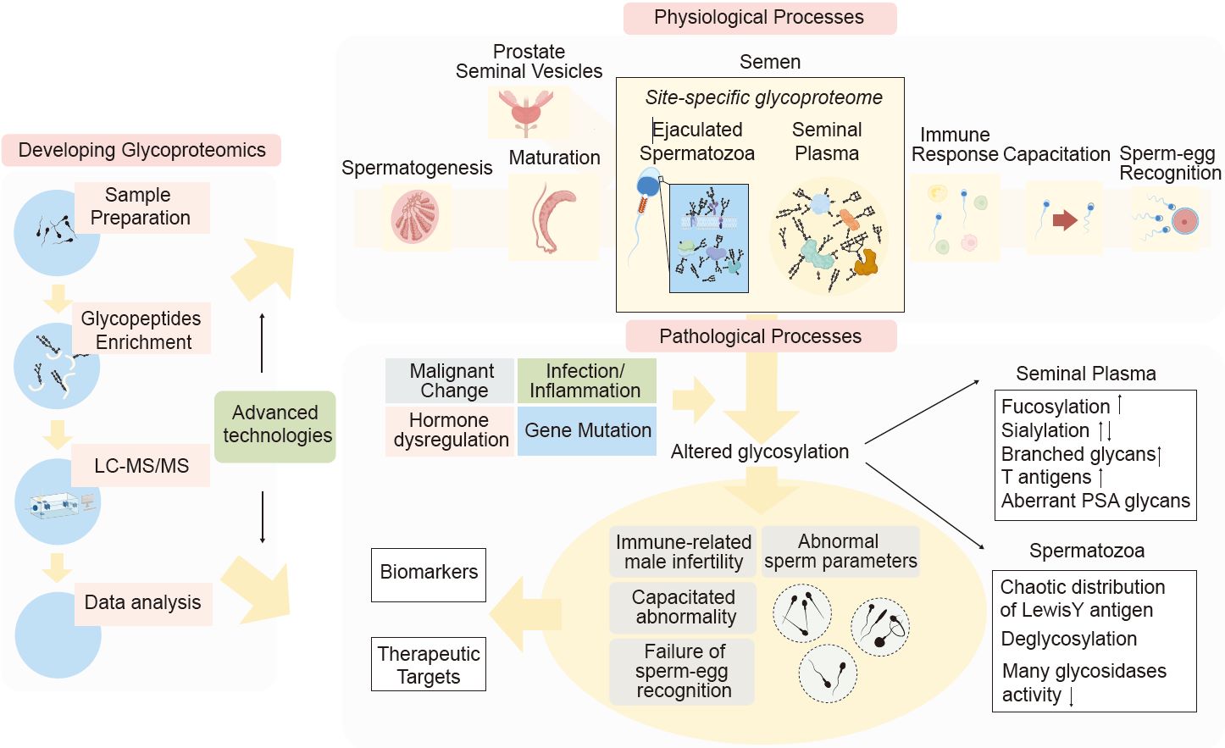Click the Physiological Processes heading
coord(760,18)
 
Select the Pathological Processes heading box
coord(761,335)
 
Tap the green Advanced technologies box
coord(275,426)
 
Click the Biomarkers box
coord(429,574)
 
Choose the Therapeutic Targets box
coord(429,664)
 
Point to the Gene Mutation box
coord(587,431)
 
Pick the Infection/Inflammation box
coord(587,381)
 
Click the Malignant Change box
coord(450,381)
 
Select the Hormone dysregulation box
coord(450,431)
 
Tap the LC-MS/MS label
coord(141,465)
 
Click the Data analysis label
coord(142,603)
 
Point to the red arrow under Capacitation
coord(1065,219)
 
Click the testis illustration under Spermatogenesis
coord(415,217)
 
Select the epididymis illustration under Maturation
coord(552,218)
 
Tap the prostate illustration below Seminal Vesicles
coord(525,114)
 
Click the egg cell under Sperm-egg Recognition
coord(1185,221)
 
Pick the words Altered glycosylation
coord(760,452)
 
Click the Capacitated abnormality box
coord(683,607)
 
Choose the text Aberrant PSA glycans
coord(1095,501)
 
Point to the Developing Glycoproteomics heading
coord(141,151)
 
